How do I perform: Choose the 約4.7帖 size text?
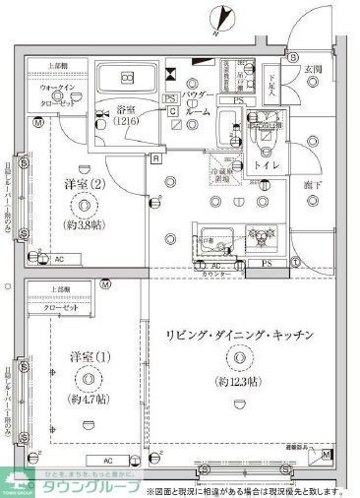[89, 402]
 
